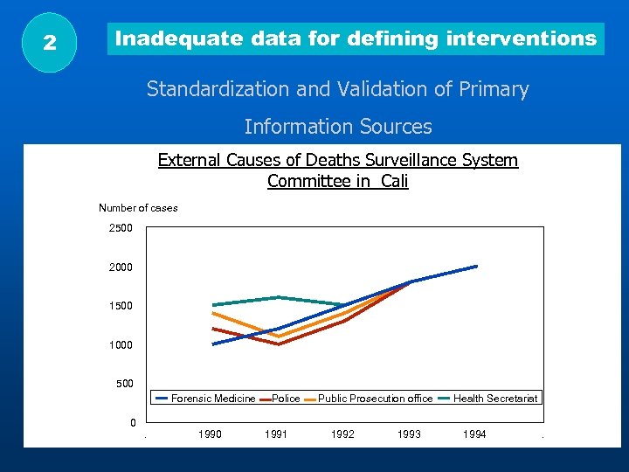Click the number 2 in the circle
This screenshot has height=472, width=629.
(50, 42)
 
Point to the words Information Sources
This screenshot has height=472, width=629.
(338, 127)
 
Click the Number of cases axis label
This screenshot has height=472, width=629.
(138, 208)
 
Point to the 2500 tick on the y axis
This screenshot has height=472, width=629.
(121, 228)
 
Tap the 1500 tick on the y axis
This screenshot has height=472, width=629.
(121, 306)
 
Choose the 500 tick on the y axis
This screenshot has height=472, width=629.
(124, 384)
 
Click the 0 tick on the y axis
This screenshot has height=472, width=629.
(133, 423)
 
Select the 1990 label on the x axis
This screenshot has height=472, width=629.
(210, 434)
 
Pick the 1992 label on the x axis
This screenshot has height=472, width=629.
(342, 434)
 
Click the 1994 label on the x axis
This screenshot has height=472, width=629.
(474, 434)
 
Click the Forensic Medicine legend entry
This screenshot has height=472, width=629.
(212, 399)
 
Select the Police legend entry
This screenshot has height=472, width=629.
(286, 399)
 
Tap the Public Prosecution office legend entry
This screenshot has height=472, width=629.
(375, 399)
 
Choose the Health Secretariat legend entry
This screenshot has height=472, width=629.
(494, 399)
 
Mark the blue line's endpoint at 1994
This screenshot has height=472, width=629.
(476, 266)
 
